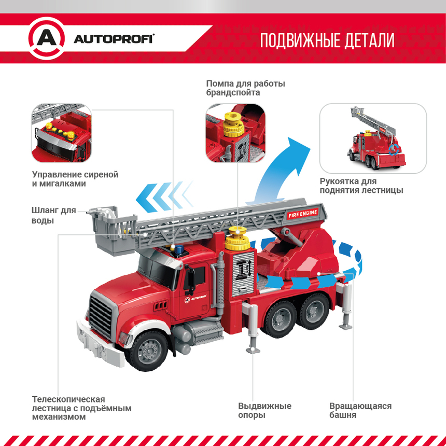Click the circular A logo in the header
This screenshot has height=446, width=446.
(x=47, y=38)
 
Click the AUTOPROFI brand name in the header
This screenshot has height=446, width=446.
(x=114, y=39)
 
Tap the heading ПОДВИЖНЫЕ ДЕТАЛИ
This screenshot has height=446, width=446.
(x=327, y=40)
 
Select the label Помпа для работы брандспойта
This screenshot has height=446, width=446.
(x=245, y=88)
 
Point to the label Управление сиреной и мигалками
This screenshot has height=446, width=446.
(x=75, y=179)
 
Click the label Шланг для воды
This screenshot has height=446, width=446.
(x=54, y=215)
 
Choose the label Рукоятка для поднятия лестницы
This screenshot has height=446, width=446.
(x=361, y=186)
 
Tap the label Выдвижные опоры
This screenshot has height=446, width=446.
(x=264, y=410)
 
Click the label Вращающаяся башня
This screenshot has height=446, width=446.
(x=360, y=410)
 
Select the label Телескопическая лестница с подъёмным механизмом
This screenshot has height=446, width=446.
(x=81, y=408)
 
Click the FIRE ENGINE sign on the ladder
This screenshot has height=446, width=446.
(x=303, y=213)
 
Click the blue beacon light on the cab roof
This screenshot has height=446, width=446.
(x=179, y=249)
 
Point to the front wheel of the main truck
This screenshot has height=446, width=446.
(x=147, y=351)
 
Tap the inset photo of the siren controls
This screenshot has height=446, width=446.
(x=61, y=133)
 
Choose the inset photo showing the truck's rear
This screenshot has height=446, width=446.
(x=373, y=138)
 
